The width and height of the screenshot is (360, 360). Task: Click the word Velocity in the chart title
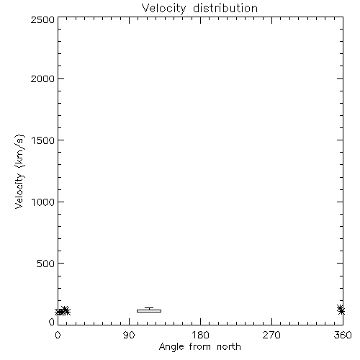(164, 9)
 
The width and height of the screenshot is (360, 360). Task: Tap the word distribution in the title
(225, 8)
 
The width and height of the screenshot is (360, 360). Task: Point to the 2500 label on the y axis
(42, 19)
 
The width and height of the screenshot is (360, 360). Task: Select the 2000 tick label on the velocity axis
(42, 78)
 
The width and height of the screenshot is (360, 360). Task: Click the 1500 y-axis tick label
(43, 140)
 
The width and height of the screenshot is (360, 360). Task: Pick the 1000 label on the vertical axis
(43, 202)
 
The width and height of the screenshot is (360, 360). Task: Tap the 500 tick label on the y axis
(46, 264)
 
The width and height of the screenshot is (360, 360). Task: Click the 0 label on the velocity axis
(52, 322)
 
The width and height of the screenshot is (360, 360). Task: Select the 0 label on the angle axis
(58, 335)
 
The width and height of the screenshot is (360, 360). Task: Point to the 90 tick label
(129, 335)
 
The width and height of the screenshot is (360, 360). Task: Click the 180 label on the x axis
(200, 335)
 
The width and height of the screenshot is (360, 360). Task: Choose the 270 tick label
(271, 335)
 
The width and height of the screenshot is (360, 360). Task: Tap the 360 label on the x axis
(343, 335)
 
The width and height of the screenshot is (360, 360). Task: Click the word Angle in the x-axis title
(171, 347)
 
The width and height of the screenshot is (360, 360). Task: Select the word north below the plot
(229, 346)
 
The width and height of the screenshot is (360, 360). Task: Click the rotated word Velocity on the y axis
(19, 191)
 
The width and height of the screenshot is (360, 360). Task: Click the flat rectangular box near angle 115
(149, 311)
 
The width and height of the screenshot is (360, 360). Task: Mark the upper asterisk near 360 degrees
(340, 308)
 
